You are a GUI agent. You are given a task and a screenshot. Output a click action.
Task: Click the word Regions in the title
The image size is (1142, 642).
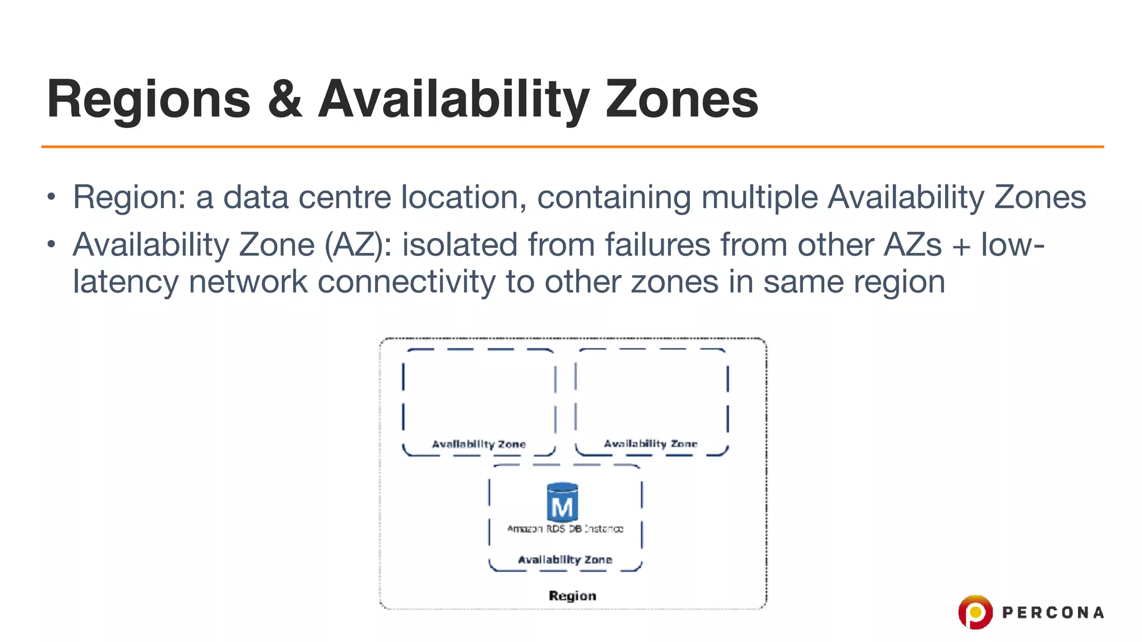point(148,100)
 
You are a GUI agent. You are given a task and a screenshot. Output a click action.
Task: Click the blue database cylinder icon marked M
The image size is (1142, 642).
point(562,502)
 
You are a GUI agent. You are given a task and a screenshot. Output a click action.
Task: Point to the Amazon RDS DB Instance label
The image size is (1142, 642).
point(565,528)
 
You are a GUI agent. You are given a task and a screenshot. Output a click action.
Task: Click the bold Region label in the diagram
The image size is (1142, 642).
point(572,596)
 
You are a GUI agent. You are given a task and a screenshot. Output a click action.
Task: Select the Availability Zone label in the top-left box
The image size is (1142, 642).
point(478,444)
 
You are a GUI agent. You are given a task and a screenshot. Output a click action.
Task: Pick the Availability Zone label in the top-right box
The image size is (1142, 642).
point(650,444)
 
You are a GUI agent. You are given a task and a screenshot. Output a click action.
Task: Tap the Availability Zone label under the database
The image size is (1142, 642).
point(565,560)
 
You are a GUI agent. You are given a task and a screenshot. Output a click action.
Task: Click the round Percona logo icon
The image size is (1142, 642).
point(975,612)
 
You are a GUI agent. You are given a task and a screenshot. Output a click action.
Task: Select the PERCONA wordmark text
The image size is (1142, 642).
point(1053,612)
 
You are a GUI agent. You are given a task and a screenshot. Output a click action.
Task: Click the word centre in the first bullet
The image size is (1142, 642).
point(345,197)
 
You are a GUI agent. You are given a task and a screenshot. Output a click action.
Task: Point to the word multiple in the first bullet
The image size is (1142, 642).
point(759,197)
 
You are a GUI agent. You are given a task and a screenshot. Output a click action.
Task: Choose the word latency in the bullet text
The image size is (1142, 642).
point(125,281)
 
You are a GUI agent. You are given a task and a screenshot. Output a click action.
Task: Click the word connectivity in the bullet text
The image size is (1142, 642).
point(406,281)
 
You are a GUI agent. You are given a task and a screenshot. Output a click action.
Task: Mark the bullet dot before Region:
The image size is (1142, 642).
point(51,197)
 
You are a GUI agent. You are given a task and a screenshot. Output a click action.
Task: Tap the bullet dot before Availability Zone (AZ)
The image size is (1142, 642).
point(51,244)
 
